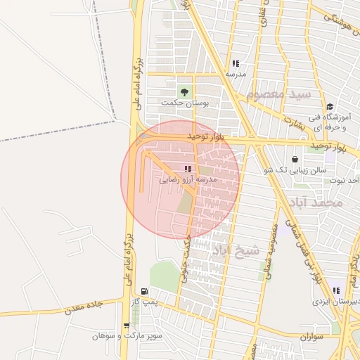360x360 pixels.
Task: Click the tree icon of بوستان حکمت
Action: (184, 91)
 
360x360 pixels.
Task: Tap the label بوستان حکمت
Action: (185, 103)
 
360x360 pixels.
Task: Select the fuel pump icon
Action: (144, 291)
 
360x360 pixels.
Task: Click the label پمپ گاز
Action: (149, 302)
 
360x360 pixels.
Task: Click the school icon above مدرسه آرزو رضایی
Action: (187, 169)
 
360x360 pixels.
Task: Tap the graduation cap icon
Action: (329, 107)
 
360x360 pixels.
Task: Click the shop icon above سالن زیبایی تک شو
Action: (294, 160)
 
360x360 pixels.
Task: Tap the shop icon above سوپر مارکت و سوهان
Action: (126, 326)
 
